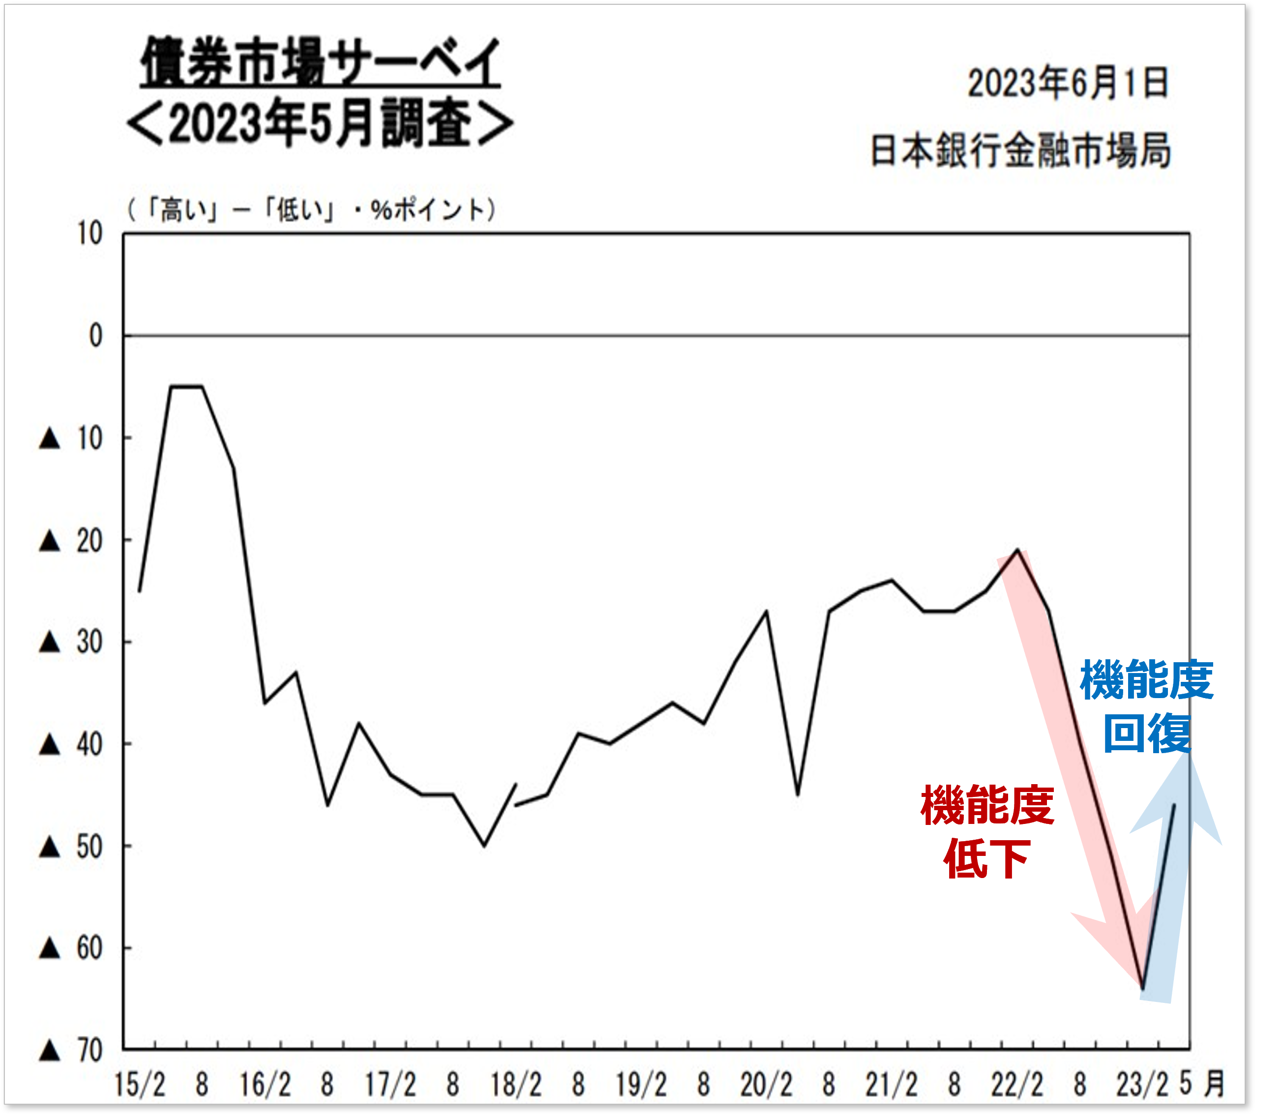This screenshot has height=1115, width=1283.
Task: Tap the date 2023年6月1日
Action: (1068, 84)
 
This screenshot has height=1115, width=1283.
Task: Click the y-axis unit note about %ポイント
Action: (311, 210)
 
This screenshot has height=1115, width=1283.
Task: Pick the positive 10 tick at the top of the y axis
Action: (90, 235)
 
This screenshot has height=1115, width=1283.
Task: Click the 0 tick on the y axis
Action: (95, 336)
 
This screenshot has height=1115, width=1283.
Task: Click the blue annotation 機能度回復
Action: (1146, 707)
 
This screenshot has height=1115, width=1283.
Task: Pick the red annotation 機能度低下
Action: (987, 832)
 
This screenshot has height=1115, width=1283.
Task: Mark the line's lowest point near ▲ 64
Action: (1142, 989)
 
